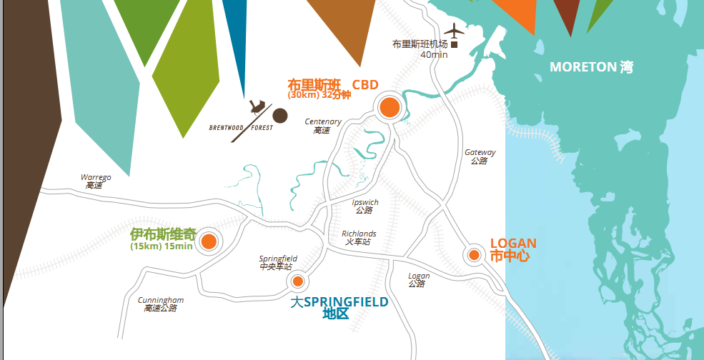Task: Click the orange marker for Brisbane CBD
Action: coord(390,107)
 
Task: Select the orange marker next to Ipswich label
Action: coord(209,241)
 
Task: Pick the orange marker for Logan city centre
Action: coord(474,255)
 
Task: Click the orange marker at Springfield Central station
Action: coord(298,281)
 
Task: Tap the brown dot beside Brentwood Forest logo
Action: coord(280,116)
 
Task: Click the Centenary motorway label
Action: coord(323,126)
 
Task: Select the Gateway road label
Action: coord(480,156)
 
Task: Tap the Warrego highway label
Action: coord(95,181)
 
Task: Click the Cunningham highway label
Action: coord(161,304)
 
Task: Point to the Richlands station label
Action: coord(359,238)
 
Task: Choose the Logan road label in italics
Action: coord(419,279)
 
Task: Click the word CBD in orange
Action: coord(365,84)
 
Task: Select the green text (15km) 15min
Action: coord(162,246)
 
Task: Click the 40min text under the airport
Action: coord(434,55)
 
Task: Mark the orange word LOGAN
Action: coord(513,244)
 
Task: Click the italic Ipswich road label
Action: coord(365,206)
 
